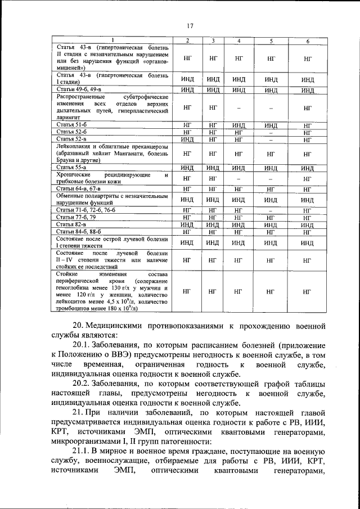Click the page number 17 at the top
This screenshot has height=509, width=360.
point(191,26)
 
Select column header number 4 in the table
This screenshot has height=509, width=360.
point(238,40)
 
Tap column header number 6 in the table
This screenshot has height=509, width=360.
point(307,40)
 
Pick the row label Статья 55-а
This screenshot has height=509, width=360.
point(71,167)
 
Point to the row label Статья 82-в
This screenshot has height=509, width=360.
point(71,224)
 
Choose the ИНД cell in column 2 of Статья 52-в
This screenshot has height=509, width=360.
point(187,139)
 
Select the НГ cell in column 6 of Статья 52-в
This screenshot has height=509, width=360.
point(307,139)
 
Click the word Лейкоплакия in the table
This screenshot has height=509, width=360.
point(76,146)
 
